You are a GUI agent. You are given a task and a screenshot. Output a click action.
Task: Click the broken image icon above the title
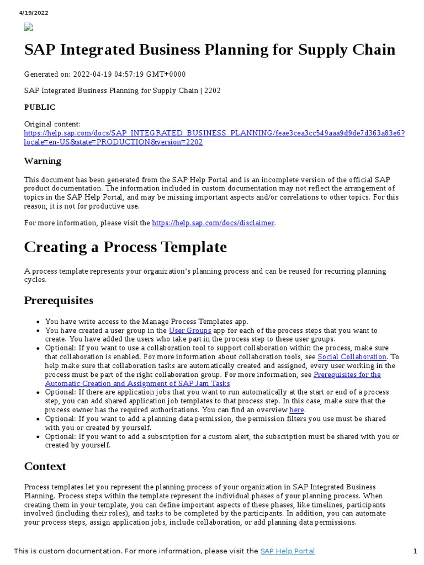29,26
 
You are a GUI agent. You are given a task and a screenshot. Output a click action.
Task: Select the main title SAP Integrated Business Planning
209,50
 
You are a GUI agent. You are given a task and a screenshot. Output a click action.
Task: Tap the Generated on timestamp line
105,74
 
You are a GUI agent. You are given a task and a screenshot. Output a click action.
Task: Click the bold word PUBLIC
40,107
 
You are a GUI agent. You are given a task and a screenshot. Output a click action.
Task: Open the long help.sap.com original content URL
214,134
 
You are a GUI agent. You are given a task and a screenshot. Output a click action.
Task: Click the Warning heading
43,161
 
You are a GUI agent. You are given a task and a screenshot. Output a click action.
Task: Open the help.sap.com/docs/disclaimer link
213,223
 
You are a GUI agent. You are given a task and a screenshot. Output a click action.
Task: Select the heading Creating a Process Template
125,247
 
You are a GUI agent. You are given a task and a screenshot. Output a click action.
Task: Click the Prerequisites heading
59,301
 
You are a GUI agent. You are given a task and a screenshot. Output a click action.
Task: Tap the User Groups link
190,331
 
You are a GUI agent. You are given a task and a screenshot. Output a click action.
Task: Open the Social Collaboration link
352,357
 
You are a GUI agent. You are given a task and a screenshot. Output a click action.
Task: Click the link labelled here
296,410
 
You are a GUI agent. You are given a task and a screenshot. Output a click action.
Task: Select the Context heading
45,466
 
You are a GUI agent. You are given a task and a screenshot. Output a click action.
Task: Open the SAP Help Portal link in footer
287,551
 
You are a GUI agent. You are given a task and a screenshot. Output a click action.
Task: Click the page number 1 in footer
415,551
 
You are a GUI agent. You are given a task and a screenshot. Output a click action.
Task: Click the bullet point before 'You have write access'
37,322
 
